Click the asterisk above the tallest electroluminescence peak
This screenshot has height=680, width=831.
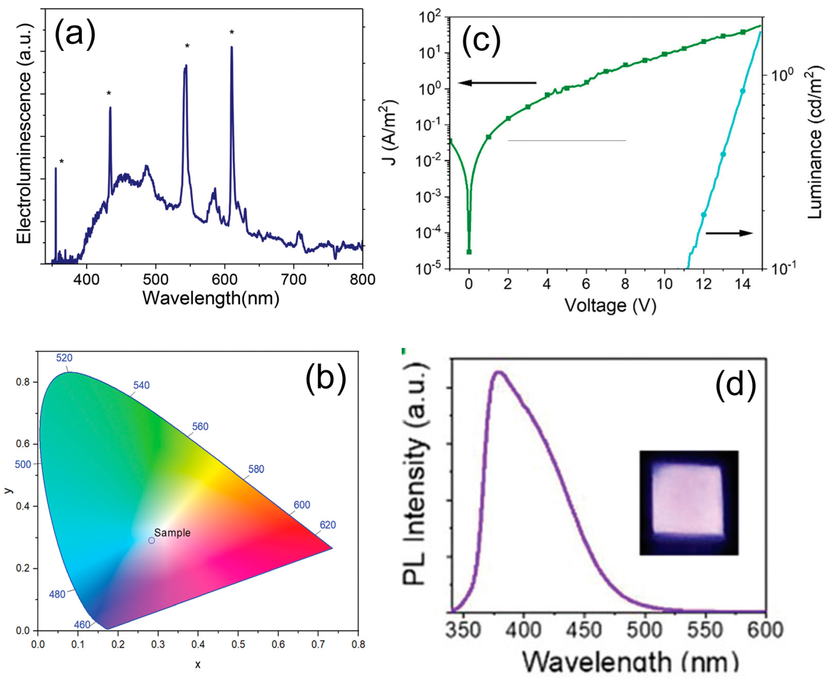click(232, 32)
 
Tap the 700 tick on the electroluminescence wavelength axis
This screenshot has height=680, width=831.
click(294, 279)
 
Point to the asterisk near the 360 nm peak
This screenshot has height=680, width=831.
click(62, 162)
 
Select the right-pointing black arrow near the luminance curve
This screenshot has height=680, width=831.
click(729, 233)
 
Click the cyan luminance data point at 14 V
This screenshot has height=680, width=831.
click(742, 91)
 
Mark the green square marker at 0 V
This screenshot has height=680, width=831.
click(469, 252)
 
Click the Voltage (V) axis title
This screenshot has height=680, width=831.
click(610, 305)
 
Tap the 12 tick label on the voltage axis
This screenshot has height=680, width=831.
click(703, 284)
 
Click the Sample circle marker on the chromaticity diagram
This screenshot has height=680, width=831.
click(152, 540)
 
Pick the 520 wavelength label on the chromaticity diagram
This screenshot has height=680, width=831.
click(64, 358)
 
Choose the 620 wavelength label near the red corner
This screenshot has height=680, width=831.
click(328, 525)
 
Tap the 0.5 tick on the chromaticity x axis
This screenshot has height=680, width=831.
click(238, 645)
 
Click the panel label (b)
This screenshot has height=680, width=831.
click(326, 379)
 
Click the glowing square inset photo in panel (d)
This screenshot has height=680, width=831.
click(689, 503)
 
